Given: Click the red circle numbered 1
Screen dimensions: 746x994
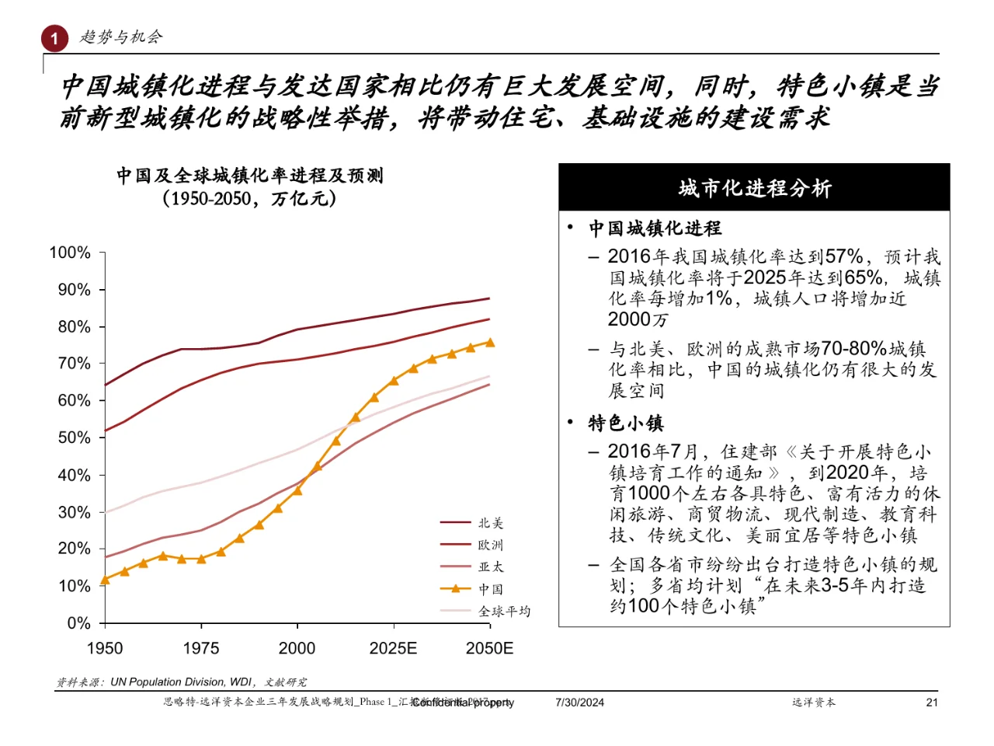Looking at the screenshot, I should click(54, 38).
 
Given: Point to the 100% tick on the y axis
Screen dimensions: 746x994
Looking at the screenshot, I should click(70, 253).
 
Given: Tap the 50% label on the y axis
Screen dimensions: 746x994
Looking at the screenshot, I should click(74, 437).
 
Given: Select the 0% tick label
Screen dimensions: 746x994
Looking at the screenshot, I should click(78, 623).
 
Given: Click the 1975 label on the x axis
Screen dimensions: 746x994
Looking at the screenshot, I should click(201, 648).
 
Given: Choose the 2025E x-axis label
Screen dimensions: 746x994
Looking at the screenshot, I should click(393, 648).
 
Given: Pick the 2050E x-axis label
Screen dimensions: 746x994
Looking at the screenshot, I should click(489, 648).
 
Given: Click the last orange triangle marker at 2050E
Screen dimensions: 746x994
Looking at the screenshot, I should click(490, 342).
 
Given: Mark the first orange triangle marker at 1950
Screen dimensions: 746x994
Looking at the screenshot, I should click(105, 580).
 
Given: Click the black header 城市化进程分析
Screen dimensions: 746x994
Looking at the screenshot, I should click(754, 188).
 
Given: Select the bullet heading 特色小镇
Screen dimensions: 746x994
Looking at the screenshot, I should click(626, 423).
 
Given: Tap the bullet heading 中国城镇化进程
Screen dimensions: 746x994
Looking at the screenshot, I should click(655, 228).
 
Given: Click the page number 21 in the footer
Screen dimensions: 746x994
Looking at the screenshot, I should click(932, 702).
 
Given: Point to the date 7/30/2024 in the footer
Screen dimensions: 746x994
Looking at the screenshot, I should click(579, 702).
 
